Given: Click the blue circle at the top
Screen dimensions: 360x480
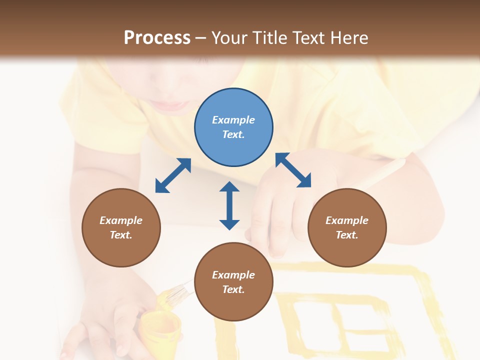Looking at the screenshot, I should click(x=233, y=127).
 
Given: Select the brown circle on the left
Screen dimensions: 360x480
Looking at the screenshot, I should click(x=121, y=227).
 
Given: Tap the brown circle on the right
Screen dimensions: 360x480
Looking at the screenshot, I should click(x=346, y=227).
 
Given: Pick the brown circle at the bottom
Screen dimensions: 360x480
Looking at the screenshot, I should click(x=233, y=282).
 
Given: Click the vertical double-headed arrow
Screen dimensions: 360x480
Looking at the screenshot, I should click(x=229, y=205).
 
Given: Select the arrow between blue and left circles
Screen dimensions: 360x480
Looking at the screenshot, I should click(x=173, y=175).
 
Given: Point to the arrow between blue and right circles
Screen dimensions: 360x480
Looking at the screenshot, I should click(x=293, y=170).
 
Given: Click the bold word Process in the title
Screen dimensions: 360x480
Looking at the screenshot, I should click(x=157, y=37).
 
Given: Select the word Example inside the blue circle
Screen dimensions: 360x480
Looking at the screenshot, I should click(x=233, y=120).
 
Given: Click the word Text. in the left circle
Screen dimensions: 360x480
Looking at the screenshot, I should click(x=121, y=235).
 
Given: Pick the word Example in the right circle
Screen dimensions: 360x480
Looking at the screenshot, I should click(x=346, y=220).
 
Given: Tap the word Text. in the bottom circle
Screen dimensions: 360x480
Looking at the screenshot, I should click(x=233, y=289).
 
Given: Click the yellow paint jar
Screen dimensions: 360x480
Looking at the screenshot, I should click(x=160, y=330).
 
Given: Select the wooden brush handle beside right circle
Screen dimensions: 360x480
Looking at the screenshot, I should click(x=385, y=172).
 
